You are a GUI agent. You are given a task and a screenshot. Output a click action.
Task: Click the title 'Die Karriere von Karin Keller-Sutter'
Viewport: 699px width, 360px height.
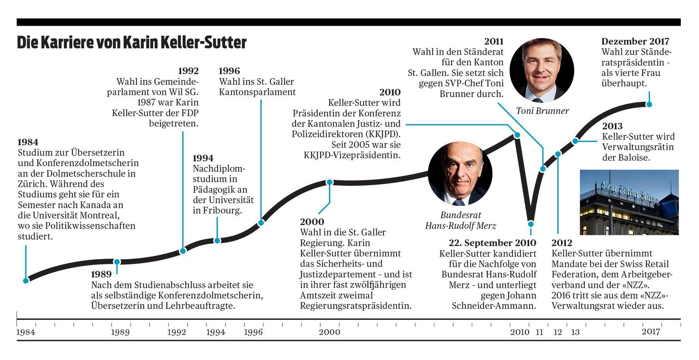pyautogui.click(x=132, y=43)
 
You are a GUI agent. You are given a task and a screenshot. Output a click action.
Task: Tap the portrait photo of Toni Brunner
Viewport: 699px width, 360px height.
pyautogui.click(x=541, y=71)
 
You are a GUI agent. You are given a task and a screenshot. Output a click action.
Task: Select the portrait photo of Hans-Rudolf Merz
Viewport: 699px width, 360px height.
pyautogui.click(x=460, y=174)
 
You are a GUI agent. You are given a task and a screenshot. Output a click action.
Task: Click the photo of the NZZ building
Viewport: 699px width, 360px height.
pyautogui.click(x=629, y=202)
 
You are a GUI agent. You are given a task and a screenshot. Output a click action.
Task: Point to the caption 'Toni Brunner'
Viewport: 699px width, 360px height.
pyautogui.click(x=542, y=111)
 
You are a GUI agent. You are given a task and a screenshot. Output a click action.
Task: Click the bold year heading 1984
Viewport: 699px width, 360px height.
pyautogui.click(x=28, y=142)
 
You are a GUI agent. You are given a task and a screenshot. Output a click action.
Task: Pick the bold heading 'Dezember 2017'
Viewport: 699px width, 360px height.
pyautogui.click(x=635, y=41)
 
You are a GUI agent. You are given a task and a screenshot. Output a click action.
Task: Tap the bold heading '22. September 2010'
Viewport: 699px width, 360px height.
pyautogui.click(x=492, y=243)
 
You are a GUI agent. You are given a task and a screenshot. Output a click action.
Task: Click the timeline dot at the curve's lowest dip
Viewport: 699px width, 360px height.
pyautogui.click(x=531, y=224)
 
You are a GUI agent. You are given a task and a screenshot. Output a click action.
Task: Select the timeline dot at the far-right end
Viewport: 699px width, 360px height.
pyautogui.click(x=648, y=105)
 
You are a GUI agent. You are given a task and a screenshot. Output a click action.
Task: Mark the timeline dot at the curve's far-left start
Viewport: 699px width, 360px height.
pyautogui.click(x=26, y=281)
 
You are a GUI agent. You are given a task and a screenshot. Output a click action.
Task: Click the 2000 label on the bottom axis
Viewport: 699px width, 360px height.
pyautogui.click(x=329, y=332)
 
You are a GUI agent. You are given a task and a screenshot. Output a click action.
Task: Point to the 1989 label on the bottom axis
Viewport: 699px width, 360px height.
pyautogui.click(x=120, y=332)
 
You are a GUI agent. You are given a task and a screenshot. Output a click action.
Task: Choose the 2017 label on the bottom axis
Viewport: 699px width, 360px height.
pyautogui.click(x=650, y=332)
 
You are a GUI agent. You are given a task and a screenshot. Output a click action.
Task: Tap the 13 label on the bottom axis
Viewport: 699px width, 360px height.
pyautogui.click(x=575, y=332)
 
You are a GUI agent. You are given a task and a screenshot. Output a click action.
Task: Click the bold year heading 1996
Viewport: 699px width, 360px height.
pyautogui.click(x=229, y=71)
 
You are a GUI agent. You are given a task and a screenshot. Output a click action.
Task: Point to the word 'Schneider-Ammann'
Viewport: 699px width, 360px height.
pyautogui.click(x=494, y=306)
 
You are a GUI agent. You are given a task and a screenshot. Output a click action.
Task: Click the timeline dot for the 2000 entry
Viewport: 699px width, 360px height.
pyautogui.click(x=330, y=182)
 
